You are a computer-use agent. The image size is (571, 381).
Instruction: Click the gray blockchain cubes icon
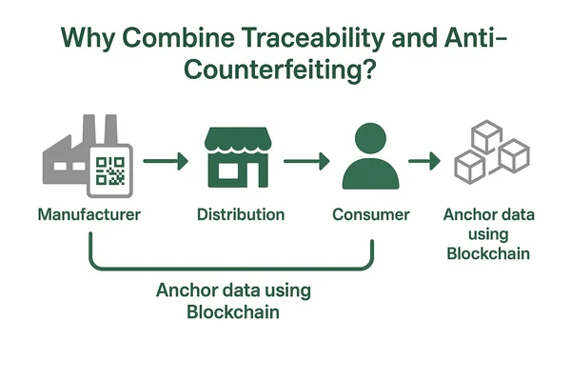click(x=490, y=154)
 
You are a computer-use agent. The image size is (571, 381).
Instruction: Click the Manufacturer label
click(x=89, y=214)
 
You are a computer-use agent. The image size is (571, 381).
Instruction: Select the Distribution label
click(x=240, y=214)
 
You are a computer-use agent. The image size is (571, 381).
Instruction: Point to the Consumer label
click(x=370, y=214)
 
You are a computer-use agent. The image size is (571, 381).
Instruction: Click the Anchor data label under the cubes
click(x=488, y=234)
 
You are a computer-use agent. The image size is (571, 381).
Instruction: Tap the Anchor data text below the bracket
click(x=233, y=301)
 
